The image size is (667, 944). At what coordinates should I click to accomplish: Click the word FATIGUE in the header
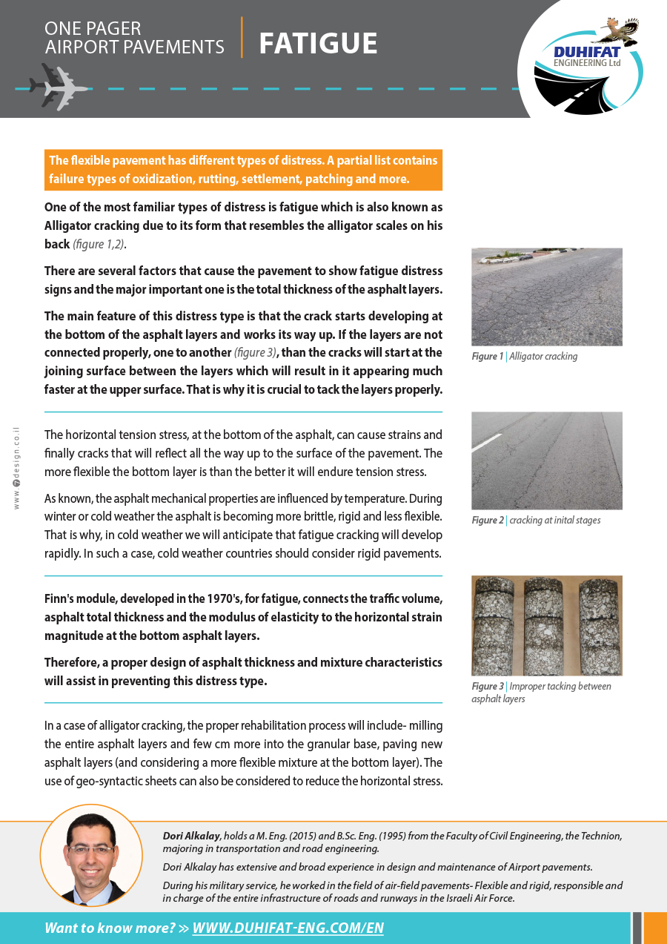tap(318, 44)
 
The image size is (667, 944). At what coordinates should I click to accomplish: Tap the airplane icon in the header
tap(59, 88)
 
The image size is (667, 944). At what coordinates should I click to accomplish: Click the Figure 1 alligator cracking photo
tap(547, 297)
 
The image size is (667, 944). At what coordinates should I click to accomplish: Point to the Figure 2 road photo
tap(547, 461)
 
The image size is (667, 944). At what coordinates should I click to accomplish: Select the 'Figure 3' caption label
tap(488, 687)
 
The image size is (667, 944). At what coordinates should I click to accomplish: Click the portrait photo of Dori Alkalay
tap(91, 855)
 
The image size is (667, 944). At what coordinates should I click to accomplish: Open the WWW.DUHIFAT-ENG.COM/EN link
tap(288, 928)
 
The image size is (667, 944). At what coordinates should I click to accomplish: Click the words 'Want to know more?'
tap(110, 928)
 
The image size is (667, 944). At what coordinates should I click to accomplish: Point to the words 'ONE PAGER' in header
tap(93, 29)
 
